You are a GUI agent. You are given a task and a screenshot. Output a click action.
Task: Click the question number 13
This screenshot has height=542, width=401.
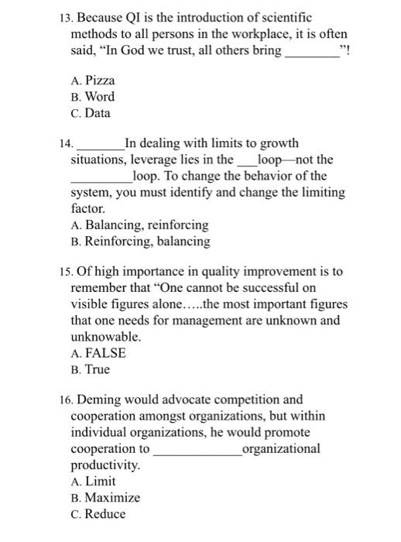coord(63,17)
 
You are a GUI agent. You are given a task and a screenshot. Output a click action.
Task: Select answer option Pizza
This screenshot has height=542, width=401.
coord(92,80)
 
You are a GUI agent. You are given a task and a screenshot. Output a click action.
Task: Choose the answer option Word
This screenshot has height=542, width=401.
coord(92,97)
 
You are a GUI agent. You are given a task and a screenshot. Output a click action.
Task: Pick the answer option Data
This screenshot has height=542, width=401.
coord(91,113)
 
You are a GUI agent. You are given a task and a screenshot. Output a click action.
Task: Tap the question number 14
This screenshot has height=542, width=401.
coord(63,144)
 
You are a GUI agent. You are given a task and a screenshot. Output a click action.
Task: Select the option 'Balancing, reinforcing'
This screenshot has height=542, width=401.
coord(139,225)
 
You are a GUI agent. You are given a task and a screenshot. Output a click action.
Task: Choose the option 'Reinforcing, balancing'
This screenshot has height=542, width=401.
coord(139,242)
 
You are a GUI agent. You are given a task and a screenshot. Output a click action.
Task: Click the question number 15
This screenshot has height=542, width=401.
coord(63,273)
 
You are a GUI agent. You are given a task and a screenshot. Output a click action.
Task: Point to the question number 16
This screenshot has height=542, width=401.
coord(63,400)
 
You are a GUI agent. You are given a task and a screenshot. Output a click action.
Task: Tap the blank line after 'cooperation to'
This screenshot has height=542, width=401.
coord(197,452)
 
